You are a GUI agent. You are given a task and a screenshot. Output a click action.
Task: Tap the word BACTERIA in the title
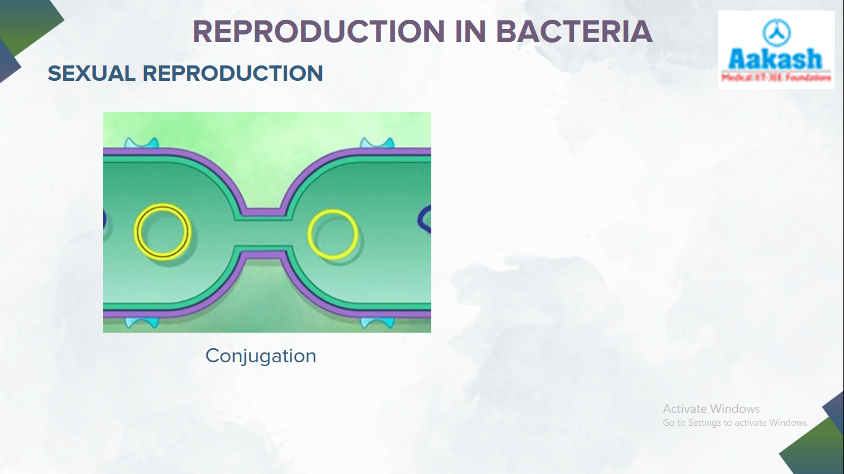pos(574,32)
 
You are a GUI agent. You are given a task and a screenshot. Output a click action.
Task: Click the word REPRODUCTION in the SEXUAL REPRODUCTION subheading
pos(233,73)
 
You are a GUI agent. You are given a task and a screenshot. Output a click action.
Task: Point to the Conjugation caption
pos(261,356)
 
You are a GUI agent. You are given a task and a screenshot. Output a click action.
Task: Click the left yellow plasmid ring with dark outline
pos(162,231)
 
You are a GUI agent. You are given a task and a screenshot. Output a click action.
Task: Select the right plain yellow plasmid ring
pos(332,234)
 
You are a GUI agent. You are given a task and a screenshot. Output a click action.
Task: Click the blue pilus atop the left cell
pos(141,143)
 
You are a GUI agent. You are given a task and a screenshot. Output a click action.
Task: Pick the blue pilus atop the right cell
pos(377,143)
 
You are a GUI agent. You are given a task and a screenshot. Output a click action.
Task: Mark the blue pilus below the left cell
pos(141,322)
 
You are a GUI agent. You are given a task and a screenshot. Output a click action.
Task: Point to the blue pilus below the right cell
pos(377,322)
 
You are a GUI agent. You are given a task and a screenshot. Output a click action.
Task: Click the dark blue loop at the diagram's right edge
pos(425,220)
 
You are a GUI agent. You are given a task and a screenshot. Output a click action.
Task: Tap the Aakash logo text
pos(775,59)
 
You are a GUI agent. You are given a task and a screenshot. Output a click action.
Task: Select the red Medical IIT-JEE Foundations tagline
pos(776,78)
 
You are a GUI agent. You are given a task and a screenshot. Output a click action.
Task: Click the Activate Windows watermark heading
pos(711,409)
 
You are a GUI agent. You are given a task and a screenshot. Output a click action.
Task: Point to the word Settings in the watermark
pos(704,423)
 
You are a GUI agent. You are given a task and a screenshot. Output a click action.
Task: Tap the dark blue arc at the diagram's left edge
pos(105,218)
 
